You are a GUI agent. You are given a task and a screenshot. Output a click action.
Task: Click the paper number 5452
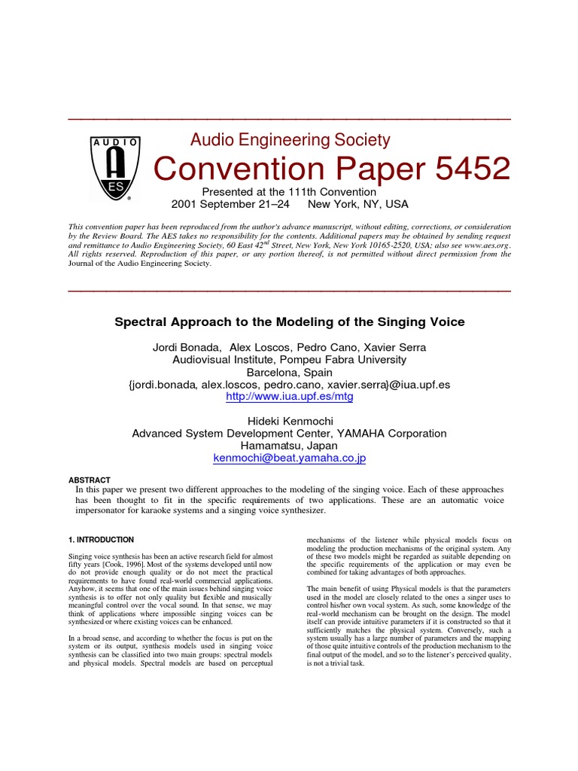[x=466, y=168]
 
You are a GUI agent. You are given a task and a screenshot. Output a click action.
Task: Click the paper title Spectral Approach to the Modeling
[x=289, y=322]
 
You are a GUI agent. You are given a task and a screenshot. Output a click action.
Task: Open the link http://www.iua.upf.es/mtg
[x=289, y=397]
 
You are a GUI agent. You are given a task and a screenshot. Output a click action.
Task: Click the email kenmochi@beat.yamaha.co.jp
[x=289, y=458]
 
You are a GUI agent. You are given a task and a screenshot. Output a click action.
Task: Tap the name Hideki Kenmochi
[x=289, y=421]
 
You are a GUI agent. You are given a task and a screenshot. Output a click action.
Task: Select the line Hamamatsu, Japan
[x=289, y=446]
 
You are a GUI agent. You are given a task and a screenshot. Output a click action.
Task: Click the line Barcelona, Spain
[x=289, y=372]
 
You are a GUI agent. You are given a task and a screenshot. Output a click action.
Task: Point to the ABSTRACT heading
[x=90, y=480]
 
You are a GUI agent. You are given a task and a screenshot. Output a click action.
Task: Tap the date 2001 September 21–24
[x=230, y=204]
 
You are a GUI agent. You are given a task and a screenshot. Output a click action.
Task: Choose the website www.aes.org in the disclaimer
[x=487, y=245]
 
